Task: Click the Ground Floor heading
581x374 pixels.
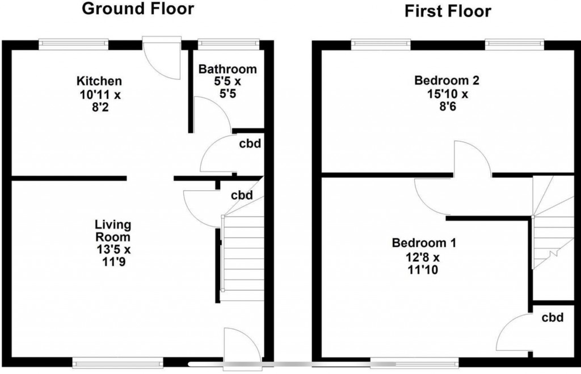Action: [138, 9]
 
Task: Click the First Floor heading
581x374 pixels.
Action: [448, 11]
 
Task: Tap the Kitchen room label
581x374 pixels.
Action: [99, 81]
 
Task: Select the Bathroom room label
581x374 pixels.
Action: [227, 69]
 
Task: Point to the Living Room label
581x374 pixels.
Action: [112, 231]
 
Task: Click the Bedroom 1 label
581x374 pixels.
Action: [424, 243]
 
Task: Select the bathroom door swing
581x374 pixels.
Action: [211, 114]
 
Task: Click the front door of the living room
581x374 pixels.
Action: [242, 344]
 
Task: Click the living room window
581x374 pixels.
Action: [117, 360]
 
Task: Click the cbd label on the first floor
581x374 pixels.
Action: [551, 317]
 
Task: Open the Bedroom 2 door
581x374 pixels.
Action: [471, 159]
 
